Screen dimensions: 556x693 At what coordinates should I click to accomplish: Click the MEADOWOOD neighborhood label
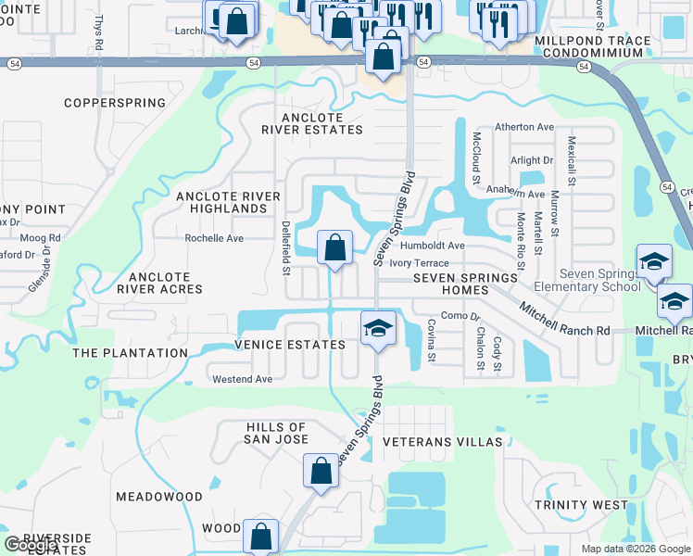pos(159,497)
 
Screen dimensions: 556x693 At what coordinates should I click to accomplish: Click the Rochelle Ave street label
pos(214,238)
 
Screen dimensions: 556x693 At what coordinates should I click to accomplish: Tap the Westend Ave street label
pos(243,379)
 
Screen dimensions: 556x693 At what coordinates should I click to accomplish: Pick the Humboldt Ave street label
pos(432,246)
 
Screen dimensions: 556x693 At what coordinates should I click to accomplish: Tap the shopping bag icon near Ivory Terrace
pos(334,248)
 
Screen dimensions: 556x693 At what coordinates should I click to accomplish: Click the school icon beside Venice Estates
pos(377,329)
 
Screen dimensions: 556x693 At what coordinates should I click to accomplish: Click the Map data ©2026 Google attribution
pos(635,549)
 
